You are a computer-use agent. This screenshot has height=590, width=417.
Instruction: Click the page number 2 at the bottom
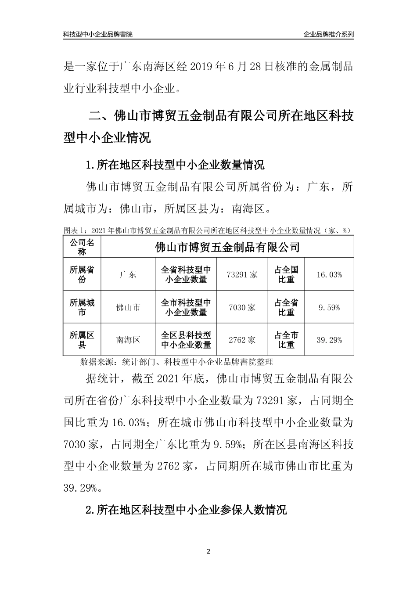pos(208,551)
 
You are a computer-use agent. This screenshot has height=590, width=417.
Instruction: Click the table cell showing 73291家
pos(242,275)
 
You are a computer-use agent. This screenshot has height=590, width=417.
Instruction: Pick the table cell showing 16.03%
pos(329,275)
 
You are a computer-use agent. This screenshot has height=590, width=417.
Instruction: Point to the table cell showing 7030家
pos(242,307)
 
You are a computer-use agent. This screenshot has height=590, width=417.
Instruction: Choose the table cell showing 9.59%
pos(329,307)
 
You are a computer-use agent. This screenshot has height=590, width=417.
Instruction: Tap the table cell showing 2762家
pos(242,340)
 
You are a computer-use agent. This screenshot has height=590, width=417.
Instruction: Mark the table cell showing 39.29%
pos(329,340)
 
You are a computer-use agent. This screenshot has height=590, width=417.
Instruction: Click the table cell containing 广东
pos(128,275)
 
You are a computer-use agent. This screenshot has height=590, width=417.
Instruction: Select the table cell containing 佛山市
pos(128,307)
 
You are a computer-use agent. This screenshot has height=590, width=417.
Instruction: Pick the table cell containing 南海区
pos(128,340)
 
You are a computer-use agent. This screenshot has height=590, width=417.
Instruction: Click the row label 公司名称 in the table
pos(82,247)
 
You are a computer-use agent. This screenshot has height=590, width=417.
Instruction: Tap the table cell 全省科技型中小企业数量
pos(186,275)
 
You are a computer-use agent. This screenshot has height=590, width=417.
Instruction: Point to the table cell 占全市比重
pos(286,340)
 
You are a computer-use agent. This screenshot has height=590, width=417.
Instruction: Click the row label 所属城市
pos(82,307)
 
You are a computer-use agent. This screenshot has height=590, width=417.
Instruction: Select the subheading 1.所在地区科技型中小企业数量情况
pos(175,165)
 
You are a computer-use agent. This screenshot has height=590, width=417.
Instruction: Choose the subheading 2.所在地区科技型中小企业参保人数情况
pos(186,510)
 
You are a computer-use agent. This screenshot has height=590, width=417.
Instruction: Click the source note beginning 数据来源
pos(177,362)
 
